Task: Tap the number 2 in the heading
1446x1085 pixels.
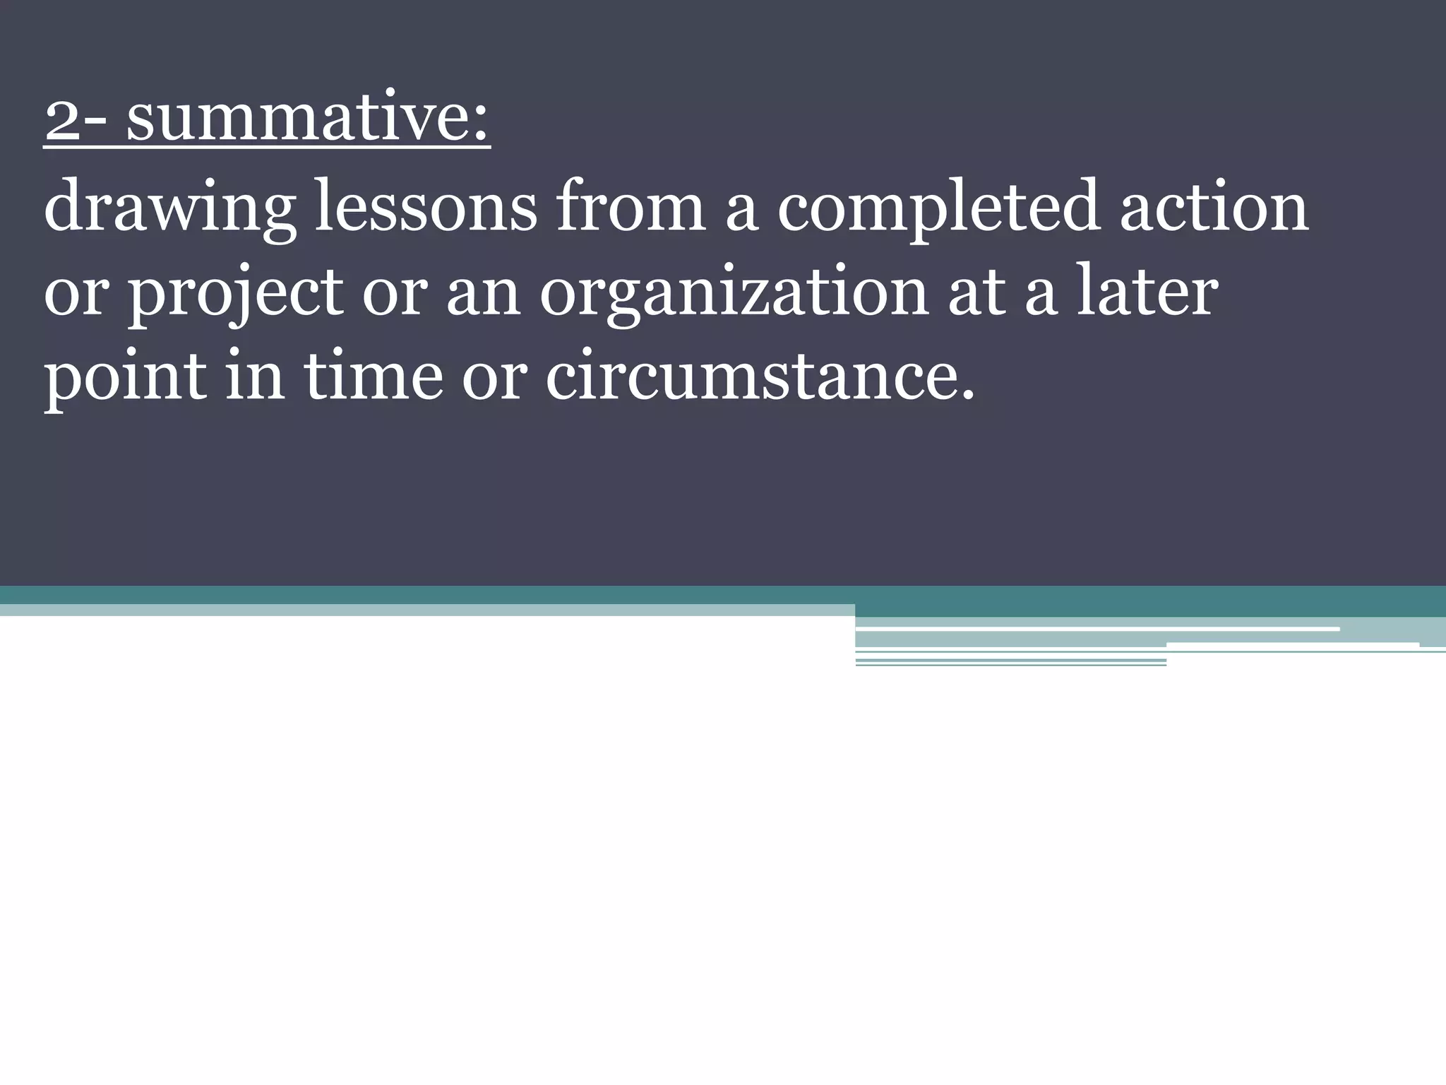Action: tap(62, 120)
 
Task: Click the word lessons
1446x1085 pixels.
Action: tap(426, 207)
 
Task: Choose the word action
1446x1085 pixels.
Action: tap(1214, 207)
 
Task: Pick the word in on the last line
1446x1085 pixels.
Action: tap(255, 374)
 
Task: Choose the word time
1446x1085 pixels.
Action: tap(374, 374)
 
